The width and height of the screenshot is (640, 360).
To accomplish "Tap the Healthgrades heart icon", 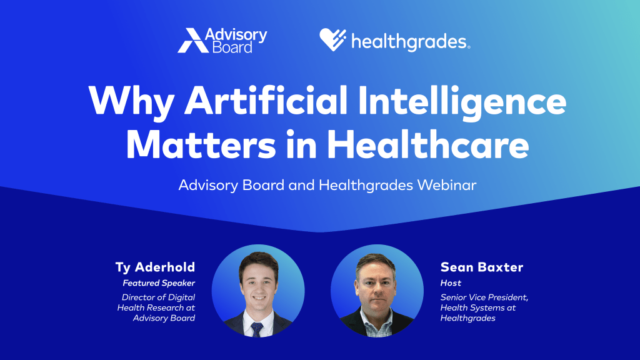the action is point(332,39).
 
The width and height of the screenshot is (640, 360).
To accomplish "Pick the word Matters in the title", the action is point(201,145).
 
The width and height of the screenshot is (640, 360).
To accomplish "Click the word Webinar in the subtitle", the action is point(446,185).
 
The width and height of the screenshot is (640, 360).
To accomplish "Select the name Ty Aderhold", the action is point(155,267).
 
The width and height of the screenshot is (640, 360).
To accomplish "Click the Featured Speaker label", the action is point(159,283).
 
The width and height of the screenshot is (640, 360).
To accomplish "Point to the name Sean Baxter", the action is point(482,267).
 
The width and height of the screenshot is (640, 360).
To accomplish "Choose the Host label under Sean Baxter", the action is point(451,283).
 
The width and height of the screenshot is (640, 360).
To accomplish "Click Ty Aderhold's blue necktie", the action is point(257,329).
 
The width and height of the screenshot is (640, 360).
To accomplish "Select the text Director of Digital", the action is point(158,297).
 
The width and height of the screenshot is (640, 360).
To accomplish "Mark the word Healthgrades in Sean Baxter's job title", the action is point(467,318).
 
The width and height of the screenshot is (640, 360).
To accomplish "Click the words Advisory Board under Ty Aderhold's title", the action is point(164,318).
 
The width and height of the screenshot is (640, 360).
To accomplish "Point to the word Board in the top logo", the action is point(232,47).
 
